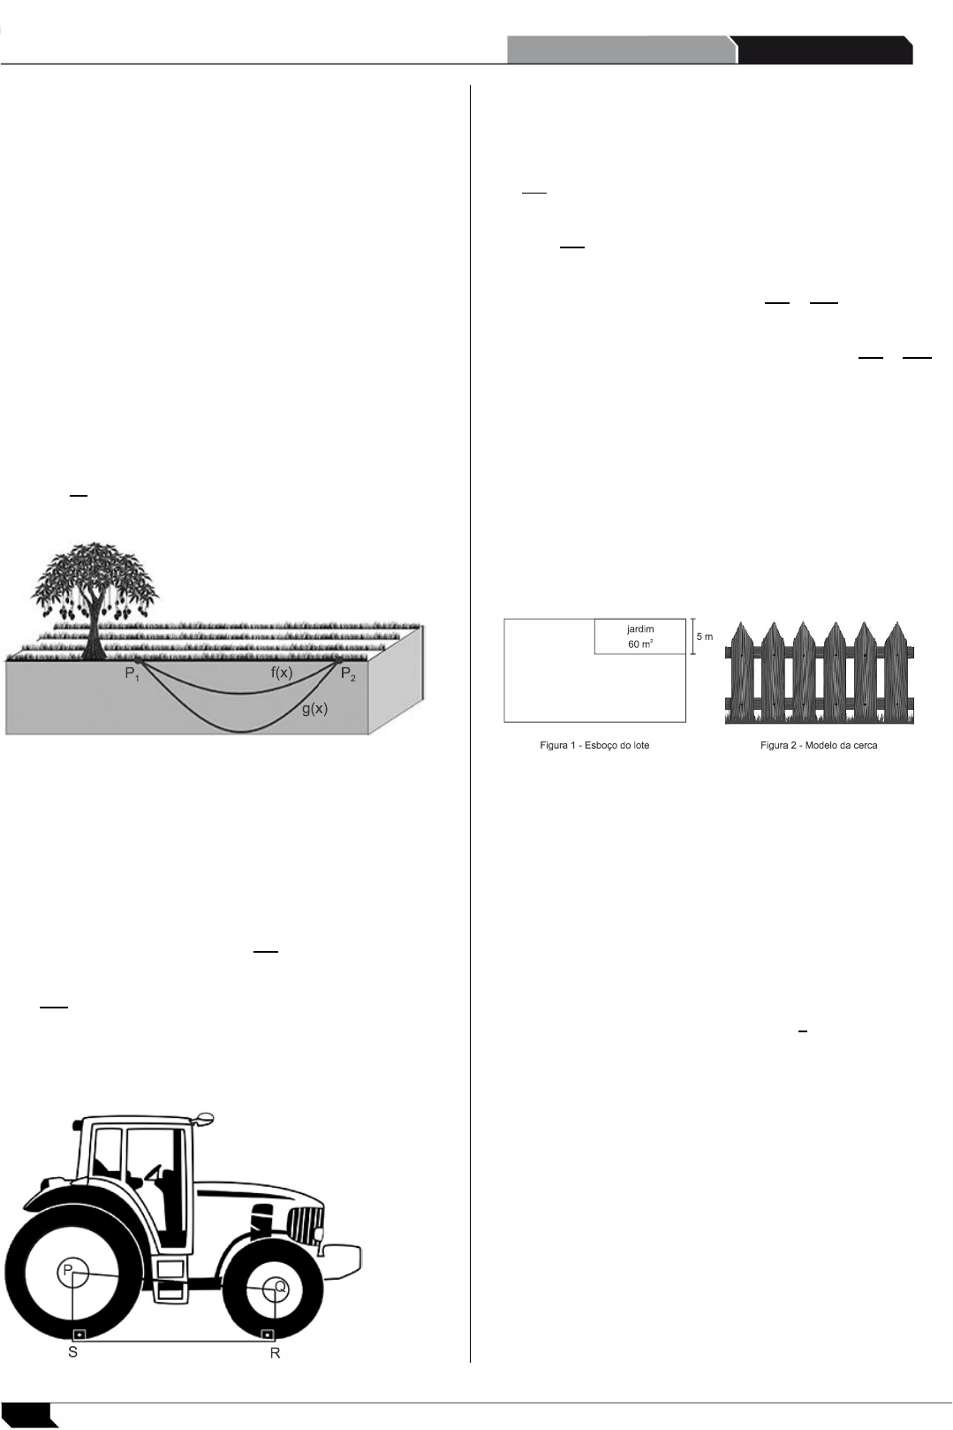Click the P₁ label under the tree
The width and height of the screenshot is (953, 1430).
(x=132, y=676)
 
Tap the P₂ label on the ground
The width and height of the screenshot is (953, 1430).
(x=351, y=676)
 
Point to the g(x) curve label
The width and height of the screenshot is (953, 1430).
(x=315, y=709)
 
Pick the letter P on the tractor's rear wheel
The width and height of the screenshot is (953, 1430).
(x=66, y=1271)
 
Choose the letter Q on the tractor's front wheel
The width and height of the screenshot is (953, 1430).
(x=280, y=1288)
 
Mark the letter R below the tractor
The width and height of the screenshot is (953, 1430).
(x=276, y=1354)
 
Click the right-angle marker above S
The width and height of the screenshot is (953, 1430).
(x=79, y=1334)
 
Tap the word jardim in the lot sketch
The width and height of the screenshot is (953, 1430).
(x=640, y=629)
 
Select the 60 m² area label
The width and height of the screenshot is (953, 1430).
(x=640, y=644)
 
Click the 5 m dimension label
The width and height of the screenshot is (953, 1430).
(x=704, y=636)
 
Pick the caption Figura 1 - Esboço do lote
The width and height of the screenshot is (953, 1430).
(x=594, y=746)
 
